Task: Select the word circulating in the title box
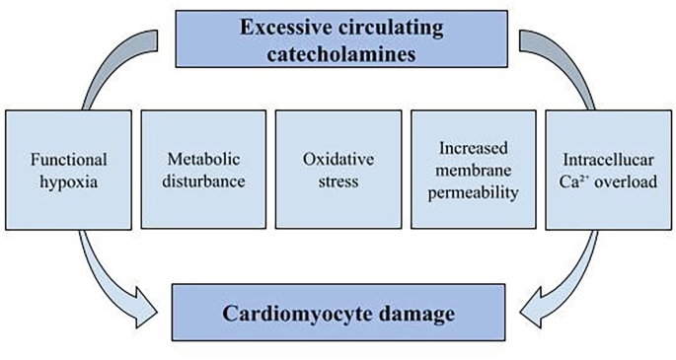tap(386, 26)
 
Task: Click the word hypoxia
tap(67, 183)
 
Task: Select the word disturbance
tap(201, 183)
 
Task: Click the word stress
tap(336, 183)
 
